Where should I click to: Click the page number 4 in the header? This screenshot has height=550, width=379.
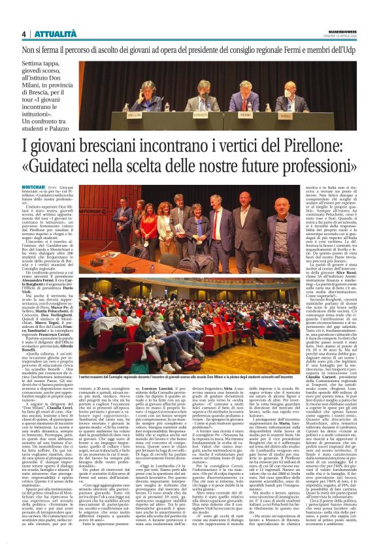click(x=24, y=33)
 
